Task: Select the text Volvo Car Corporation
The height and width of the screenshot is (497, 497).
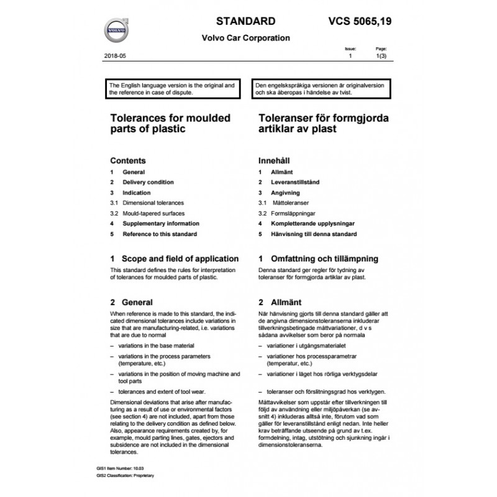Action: pos(246,37)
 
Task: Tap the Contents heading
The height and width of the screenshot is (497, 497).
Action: pos(127,160)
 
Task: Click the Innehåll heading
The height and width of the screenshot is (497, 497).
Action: pos(275,160)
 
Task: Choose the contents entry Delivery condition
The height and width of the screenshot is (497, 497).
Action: pos(148,182)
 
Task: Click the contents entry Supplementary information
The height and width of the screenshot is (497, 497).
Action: pos(161,224)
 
